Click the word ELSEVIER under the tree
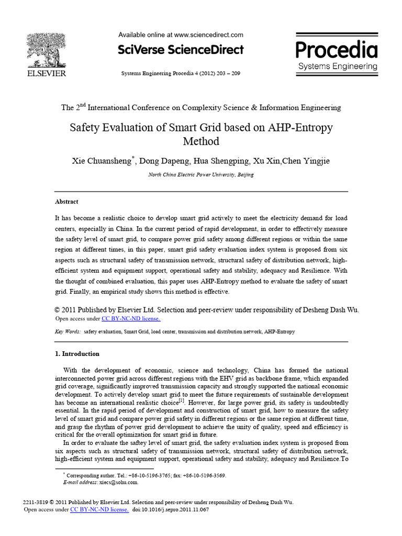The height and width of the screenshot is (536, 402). tap(46, 74)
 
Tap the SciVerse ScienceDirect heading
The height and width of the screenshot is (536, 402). tap(181, 50)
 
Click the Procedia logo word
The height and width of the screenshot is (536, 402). tap(337, 50)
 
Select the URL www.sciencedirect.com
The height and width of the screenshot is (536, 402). tap(209, 35)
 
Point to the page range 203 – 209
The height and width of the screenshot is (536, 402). tap(226, 74)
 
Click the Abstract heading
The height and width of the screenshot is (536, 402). tap(66, 202)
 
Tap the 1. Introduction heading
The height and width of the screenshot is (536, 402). tap(77, 354)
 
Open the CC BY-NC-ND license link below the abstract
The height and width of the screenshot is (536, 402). tap(131, 318)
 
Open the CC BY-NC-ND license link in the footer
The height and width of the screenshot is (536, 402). tap(99, 509)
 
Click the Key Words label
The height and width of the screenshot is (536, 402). tap(68, 332)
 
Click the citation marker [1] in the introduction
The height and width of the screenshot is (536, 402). tap(182, 401)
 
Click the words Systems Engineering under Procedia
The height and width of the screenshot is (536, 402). tap(337, 66)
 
